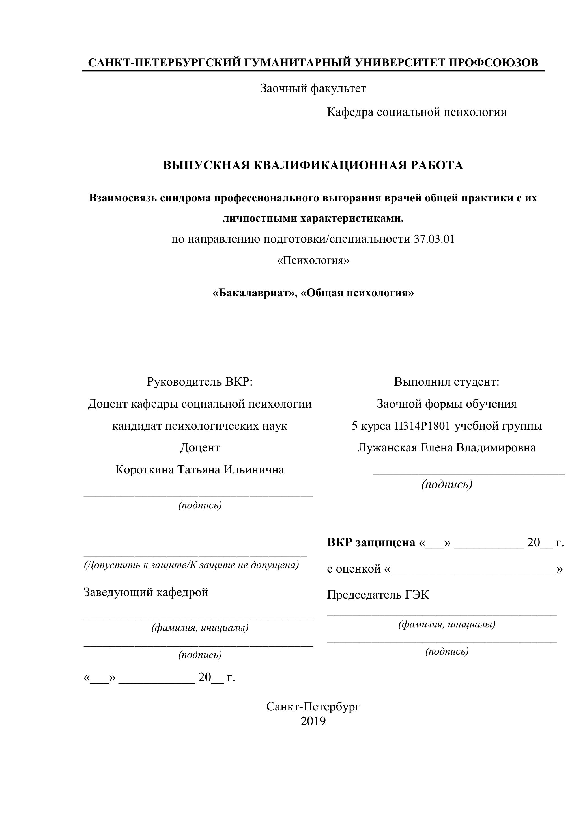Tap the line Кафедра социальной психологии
[x=417, y=112]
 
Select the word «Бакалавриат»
[x=253, y=293]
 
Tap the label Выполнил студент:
[x=446, y=382]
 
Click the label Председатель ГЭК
[x=378, y=595]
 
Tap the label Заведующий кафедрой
[x=146, y=592]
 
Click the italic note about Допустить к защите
[x=191, y=565]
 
